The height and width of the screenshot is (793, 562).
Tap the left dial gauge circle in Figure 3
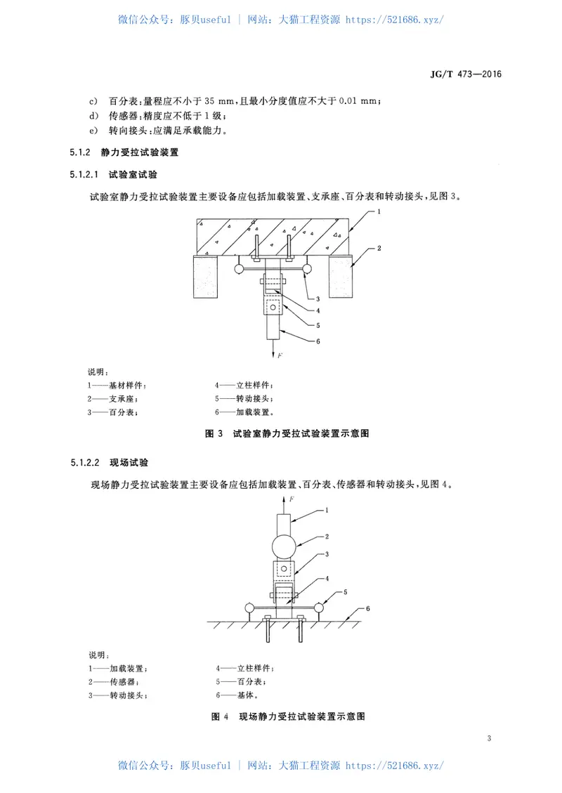[240, 268]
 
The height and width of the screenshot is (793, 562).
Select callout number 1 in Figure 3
[378, 211]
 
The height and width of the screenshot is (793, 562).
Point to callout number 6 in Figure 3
[318, 342]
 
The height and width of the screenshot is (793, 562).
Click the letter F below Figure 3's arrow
[280, 356]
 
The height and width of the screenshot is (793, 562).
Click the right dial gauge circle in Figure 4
[321, 608]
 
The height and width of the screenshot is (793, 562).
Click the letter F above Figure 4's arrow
[290, 499]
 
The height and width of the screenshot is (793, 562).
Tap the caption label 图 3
[214, 433]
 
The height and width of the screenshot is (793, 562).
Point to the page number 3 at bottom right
[488, 738]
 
